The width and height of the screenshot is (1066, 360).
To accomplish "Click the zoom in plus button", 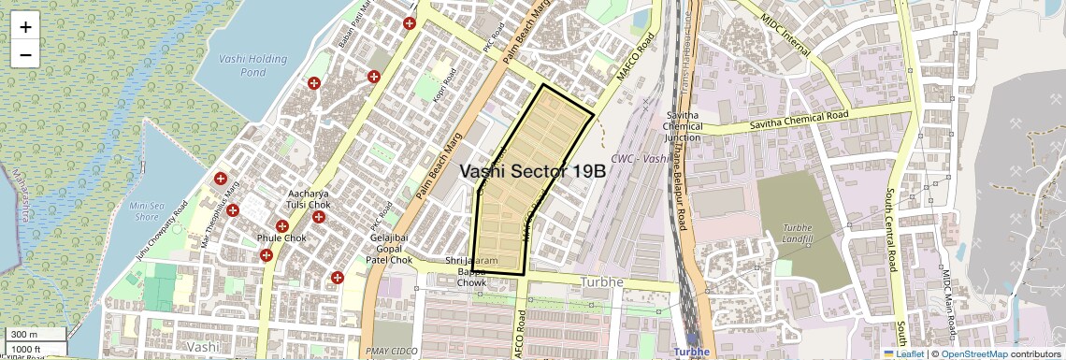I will pyautogui.click(x=25, y=27).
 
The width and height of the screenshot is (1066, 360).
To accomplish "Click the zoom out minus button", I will pyautogui.click(x=25, y=55).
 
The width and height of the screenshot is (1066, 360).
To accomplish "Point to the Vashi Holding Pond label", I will pyautogui.click(x=253, y=65).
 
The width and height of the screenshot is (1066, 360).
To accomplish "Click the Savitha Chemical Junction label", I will pyautogui.click(x=683, y=126).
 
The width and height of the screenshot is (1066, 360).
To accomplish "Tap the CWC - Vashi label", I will pyautogui.click(x=639, y=159).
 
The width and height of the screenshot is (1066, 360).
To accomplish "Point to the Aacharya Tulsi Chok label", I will pyautogui.click(x=308, y=198).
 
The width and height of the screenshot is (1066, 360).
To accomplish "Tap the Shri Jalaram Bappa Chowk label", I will pyautogui.click(x=472, y=271).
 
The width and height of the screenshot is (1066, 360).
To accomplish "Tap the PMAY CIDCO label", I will pyautogui.click(x=392, y=351).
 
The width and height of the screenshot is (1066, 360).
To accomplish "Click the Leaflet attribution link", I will pyautogui.click(x=903, y=353).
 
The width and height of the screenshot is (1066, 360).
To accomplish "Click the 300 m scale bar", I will pyautogui.click(x=36, y=334).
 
